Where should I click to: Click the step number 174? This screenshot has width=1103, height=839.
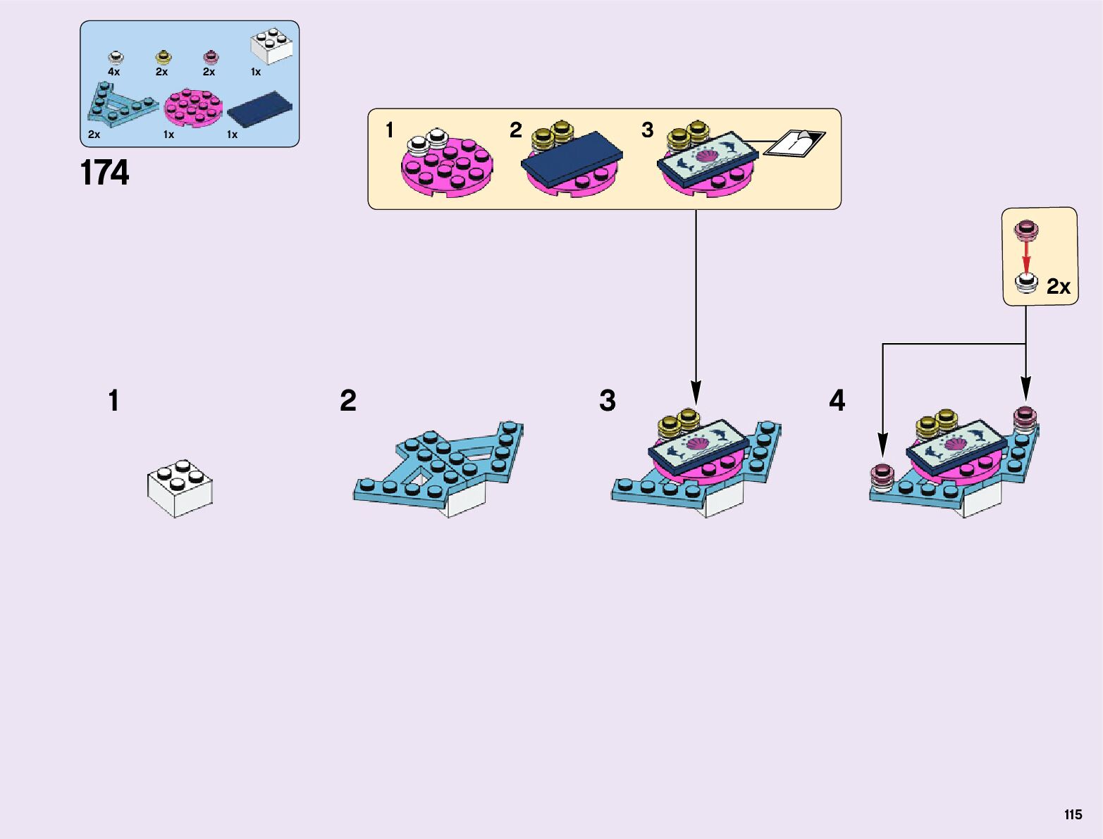105,173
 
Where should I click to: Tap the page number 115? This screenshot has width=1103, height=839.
1073,814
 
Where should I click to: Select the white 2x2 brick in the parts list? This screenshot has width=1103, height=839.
272,46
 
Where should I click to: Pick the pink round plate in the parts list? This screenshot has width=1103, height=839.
193,108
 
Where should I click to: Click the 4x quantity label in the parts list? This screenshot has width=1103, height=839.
113,72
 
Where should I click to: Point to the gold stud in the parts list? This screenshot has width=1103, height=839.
163,57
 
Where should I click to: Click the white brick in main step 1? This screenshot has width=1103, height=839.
180,487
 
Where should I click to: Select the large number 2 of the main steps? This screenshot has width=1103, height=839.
348,401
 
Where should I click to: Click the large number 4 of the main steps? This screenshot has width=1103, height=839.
837,401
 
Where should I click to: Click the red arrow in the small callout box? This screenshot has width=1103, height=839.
1026,256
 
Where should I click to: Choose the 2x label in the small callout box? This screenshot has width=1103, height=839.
1058,287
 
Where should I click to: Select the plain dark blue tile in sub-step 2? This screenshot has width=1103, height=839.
572,159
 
